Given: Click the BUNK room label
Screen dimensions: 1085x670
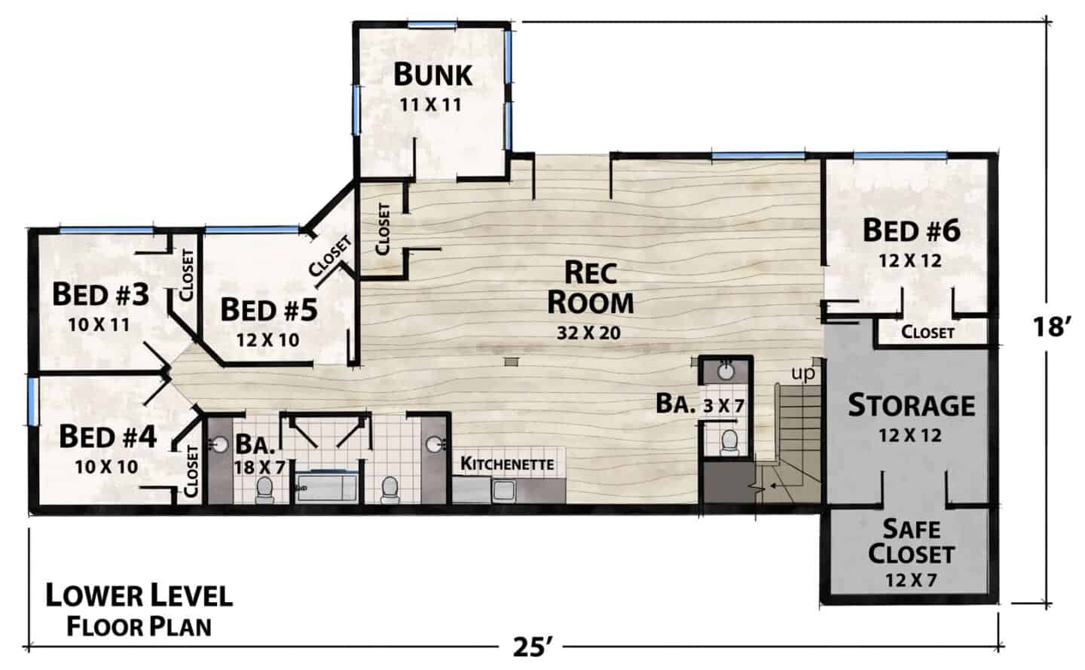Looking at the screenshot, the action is tap(432, 75).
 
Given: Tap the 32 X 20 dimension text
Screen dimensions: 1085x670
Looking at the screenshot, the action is tap(588, 333).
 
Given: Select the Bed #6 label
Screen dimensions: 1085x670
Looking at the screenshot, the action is tap(911, 230).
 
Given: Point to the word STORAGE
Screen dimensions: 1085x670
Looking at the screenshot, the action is tap(911, 406).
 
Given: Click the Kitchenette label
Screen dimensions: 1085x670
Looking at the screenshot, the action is tap(506, 463).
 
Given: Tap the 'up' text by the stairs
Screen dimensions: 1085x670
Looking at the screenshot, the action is tap(803, 373).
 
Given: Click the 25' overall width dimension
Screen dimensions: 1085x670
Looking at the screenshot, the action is tap(532, 647).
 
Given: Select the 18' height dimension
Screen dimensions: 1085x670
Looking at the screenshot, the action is tap(1051, 327).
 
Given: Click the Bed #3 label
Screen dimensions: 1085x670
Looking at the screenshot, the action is tap(100, 295).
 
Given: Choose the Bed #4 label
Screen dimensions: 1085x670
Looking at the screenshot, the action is tap(108, 437).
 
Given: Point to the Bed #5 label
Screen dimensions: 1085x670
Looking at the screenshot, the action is tap(269, 310).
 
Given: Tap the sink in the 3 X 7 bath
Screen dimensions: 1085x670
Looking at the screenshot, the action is tap(726, 371).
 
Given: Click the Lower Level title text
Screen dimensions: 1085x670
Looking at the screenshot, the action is tap(139, 596).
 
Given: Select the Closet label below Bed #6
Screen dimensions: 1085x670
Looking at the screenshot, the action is tap(928, 333).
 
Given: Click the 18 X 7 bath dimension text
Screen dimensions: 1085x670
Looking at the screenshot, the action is tap(259, 467).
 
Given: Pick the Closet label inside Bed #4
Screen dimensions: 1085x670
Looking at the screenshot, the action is tap(191, 471).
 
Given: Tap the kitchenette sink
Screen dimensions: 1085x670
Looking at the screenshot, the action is tap(504, 490).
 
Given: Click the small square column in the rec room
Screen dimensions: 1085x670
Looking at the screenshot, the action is tap(511, 361).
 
